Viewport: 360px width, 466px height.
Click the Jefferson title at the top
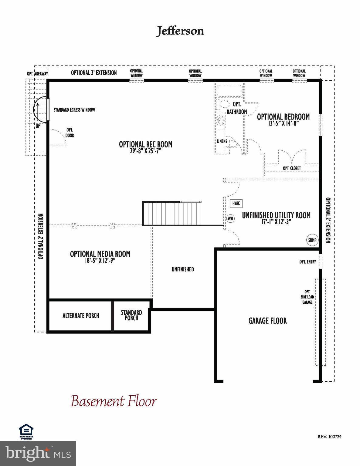180,31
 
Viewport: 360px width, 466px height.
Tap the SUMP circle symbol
312,240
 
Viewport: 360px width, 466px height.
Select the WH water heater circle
230,218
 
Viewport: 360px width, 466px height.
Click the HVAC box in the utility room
236,204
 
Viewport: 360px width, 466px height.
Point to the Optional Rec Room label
145,144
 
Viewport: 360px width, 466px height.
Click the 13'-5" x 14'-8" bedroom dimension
284,123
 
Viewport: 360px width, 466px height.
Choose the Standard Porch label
131,315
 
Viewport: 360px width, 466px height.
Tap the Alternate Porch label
81,316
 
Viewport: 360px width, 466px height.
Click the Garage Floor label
267,321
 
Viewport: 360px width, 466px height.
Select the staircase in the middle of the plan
172,214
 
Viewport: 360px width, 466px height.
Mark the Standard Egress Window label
74,110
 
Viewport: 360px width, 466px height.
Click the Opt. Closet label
292,168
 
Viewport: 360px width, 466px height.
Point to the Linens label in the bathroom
222,141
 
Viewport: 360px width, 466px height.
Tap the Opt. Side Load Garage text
307,297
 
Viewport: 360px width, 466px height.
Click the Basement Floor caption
114,401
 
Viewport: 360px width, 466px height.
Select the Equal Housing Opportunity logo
26,431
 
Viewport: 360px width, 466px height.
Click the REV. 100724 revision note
330,437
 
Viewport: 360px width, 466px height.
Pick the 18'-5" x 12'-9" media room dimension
100,261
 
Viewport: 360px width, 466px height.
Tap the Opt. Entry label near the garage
307,262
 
